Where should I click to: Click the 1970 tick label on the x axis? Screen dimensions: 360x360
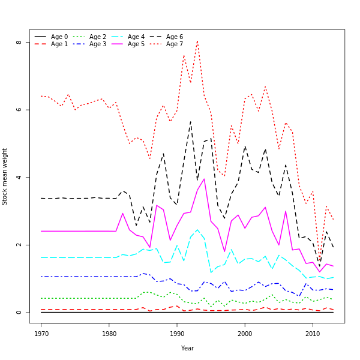41,332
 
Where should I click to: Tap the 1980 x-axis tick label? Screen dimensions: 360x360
109,332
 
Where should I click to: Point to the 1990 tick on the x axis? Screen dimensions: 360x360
177,332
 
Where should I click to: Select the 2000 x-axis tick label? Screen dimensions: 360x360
245,332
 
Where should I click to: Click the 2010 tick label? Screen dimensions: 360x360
313,332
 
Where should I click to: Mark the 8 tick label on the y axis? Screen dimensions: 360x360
19,43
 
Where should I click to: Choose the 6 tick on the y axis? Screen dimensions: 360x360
19,110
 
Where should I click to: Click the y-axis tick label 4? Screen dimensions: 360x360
19,178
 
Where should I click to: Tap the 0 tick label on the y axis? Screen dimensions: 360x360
19,313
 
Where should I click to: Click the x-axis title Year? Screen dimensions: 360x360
187,348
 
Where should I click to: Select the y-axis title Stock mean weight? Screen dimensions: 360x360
5,177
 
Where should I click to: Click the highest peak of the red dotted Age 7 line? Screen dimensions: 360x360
197,41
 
